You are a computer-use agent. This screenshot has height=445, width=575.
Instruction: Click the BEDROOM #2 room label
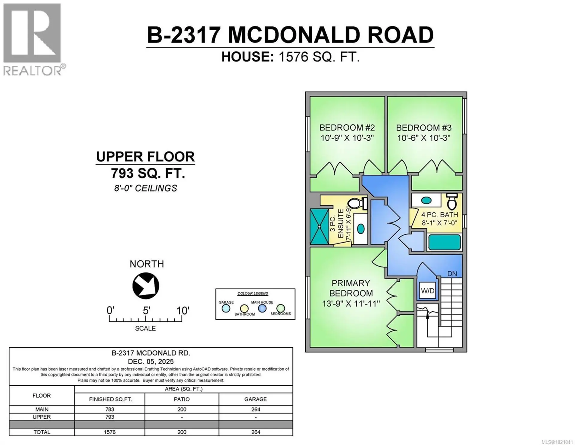[347, 128]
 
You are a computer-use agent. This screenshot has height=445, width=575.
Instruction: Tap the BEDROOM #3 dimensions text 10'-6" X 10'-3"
[424, 138]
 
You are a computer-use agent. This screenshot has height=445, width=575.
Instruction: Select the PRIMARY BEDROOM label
[351, 288]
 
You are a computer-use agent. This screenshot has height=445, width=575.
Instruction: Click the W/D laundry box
[427, 291]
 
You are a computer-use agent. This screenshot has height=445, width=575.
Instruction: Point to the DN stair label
[452, 273]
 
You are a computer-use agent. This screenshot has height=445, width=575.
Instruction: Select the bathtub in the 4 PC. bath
[444, 242]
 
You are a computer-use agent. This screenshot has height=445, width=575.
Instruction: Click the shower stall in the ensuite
[319, 226]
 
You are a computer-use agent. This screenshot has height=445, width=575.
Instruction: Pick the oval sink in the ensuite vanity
[361, 229]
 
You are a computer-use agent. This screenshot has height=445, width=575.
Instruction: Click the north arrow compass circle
[146, 286]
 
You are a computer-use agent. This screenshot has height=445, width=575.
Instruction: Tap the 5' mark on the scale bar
[146, 311]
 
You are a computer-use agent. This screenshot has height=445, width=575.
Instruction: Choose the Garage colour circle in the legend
[226, 308]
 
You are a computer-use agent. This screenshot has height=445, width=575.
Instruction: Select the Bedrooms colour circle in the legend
[281, 308]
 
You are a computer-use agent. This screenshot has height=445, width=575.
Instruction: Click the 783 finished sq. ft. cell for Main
[110, 409]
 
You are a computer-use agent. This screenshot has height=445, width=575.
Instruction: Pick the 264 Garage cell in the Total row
[255, 432]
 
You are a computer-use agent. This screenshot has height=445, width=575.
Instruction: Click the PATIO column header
[181, 399]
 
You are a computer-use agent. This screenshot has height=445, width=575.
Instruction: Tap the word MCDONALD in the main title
[293, 35]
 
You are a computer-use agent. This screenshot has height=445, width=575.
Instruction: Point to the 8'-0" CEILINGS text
[146, 188]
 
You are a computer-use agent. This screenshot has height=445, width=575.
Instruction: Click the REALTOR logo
[32, 39]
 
